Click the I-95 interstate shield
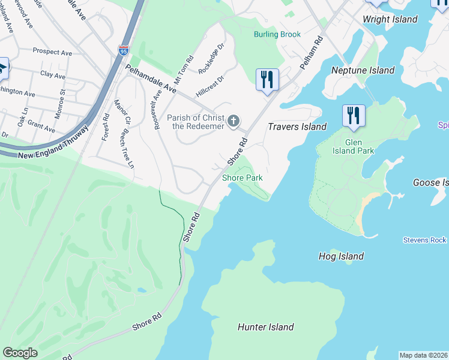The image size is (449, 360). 124,51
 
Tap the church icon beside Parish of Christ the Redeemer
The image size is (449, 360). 234,122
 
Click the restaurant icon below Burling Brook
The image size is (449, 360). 267,79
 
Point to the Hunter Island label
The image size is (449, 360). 265,327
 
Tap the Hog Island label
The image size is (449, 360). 341,256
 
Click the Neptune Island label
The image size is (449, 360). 363,70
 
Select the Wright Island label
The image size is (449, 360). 390,19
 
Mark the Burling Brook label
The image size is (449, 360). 277,34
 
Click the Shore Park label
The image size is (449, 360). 243,178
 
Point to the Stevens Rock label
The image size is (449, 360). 425,240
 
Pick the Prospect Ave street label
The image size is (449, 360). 52,52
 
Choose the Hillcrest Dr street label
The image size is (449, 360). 209,86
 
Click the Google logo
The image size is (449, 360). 20,353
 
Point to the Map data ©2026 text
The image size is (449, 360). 423,355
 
